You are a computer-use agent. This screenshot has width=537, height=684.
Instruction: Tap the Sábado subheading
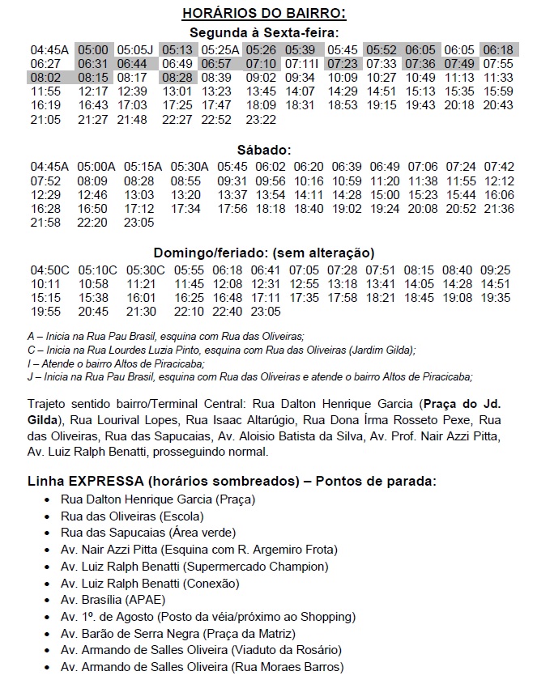tap(264, 151)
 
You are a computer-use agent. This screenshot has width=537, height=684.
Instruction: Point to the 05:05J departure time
tap(135, 49)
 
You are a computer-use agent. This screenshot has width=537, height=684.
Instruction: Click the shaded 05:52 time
tap(381, 49)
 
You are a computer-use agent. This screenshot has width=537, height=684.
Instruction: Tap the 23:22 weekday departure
tap(261, 119)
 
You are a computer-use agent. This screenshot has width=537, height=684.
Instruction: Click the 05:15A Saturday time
tap(136, 166)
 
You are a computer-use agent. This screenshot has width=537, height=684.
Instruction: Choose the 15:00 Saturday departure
tap(385, 194)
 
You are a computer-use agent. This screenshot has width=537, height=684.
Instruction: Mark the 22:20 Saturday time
tap(92, 222)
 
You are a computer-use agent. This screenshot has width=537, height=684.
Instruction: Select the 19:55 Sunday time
tap(46, 311)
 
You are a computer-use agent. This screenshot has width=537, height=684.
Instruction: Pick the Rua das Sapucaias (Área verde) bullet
tap(148, 532)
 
